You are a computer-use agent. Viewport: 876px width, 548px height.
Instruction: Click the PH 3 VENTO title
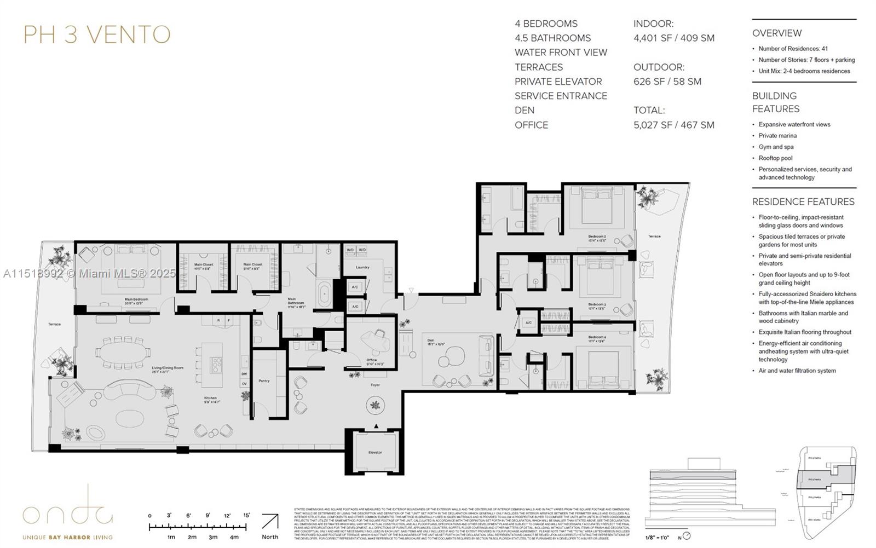97,34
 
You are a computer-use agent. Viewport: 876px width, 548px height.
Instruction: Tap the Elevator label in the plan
375,452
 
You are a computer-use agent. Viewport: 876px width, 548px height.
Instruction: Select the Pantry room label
264,380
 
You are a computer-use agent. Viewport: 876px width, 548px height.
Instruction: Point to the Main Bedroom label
136,299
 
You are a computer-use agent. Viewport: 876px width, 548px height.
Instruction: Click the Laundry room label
362,267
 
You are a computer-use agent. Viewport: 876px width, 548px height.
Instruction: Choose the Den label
431,340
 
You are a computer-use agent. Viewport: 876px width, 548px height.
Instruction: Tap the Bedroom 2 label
597,236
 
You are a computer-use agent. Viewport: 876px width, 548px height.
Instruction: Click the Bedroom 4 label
597,337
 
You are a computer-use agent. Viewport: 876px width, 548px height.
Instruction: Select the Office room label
372,360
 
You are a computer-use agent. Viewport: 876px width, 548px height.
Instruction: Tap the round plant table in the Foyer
375,406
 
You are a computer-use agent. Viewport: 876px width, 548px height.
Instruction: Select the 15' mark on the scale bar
246,515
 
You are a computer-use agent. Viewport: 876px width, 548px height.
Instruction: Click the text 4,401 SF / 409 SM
673,38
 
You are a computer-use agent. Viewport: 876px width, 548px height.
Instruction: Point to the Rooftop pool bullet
775,158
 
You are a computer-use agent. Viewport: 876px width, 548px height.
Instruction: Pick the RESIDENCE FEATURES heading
803,201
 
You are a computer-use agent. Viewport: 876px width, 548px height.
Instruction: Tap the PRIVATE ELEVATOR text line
558,81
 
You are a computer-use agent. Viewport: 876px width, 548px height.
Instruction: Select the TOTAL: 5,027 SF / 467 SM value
673,125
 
